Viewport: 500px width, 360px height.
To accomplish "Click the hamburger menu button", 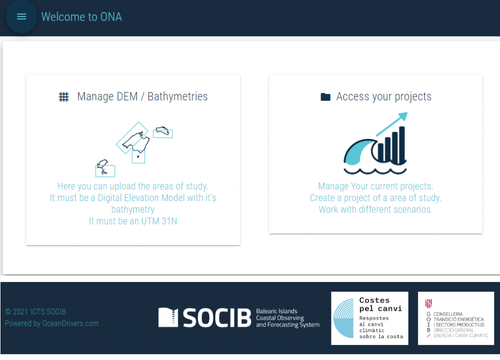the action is tap(21, 17).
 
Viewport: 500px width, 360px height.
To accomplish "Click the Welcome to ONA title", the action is tap(82, 17).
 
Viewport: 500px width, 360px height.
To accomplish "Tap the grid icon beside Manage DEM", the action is tap(64, 97).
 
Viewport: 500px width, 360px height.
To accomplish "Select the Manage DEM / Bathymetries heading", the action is tap(142, 97).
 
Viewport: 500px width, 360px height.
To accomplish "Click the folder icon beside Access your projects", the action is tap(325, 97).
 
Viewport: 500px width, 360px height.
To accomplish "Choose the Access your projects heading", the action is tap(384, 97).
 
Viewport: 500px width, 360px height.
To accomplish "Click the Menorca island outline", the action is tap(162, 130).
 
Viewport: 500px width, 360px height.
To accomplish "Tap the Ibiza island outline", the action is tap(102, 167).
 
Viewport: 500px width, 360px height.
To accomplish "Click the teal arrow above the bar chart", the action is tap(392, 124).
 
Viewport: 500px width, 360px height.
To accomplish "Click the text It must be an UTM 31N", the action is tap(133, 221).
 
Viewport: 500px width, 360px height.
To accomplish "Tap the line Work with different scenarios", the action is tap(375, 209).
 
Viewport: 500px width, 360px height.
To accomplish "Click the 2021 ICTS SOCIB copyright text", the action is tap(35, 312).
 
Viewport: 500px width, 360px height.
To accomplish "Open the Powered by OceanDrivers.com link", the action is tap(52, 323).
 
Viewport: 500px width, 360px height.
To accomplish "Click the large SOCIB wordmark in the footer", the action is tap(217, 318).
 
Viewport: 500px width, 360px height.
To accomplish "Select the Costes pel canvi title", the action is tap(380, 304).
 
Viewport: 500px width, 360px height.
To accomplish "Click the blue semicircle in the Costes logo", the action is tap(344, 318).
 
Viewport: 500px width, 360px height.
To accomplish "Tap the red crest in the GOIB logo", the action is tap(428, 303).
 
